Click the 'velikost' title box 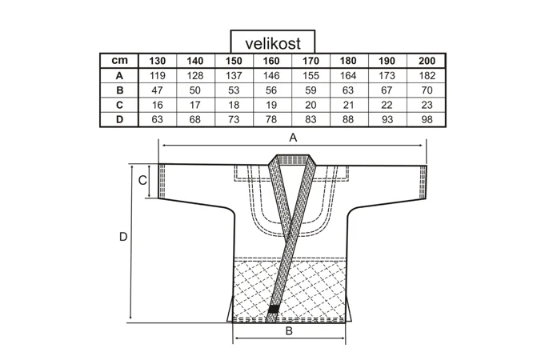point(272,42)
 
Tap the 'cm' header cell point(118,62)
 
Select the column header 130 point(157,62)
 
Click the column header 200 point(427,62)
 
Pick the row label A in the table point(118,76)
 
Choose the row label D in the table point(118,119)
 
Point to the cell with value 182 point(427,76)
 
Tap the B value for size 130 point(157,90)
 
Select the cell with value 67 point(388,90)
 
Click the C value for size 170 point(311,105)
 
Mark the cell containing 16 point(157,105)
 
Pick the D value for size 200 point(427,119)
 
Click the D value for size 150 point(234,119)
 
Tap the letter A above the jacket point(293,138)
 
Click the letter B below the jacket point(290,330)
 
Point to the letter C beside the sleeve point(142,181)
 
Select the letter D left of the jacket point(123,237)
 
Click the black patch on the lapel point(274,308)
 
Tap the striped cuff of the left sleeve point(163,182)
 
